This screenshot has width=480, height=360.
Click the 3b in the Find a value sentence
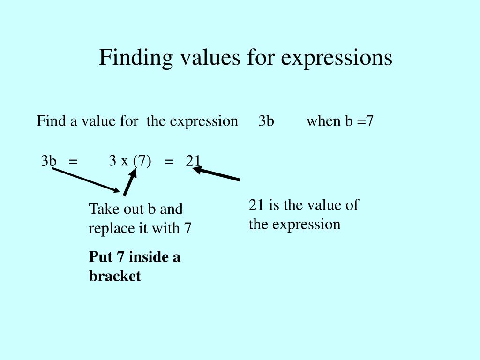(x=266, y=121)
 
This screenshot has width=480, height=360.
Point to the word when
(x=323, y=121)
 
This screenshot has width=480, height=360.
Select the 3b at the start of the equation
(x=48, y=161)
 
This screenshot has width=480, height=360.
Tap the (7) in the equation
(x=142, y=161)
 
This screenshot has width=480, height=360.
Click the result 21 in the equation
(x=193, y=161)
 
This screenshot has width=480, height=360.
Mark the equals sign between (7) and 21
(x=169, y=162)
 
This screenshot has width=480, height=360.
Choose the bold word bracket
(x=115, y=276)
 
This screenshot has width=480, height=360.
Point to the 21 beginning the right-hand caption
(x=256, y=205)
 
